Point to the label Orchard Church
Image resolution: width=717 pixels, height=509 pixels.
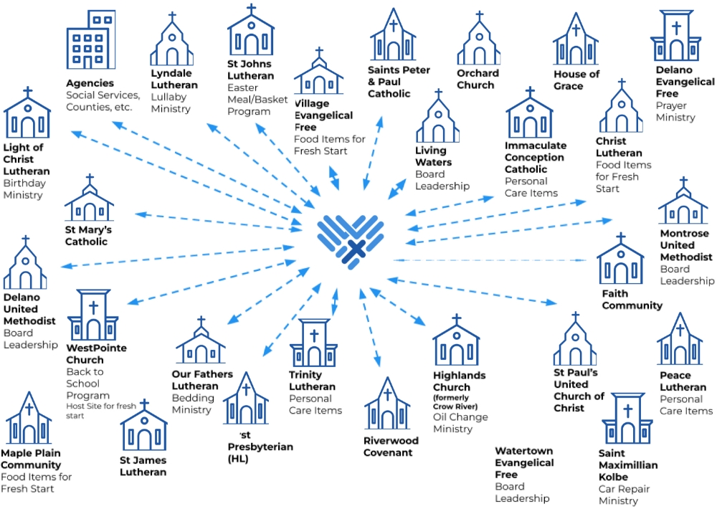point(478,79)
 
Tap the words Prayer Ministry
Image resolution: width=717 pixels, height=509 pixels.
point(675,112)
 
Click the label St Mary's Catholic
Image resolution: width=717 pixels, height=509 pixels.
point(89,236)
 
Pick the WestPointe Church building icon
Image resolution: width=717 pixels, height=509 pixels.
point(92,315)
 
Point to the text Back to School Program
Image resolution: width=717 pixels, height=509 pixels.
point(88,384)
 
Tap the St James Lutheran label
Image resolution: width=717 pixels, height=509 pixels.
point(143,466)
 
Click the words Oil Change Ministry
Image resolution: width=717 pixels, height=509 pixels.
point(460,423)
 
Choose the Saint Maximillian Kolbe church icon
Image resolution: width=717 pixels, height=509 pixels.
point(627,419)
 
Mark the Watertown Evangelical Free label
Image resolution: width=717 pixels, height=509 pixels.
point(524,462)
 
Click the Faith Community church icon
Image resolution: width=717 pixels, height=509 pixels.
point(620,260)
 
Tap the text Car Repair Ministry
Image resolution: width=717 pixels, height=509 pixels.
point(624,495)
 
